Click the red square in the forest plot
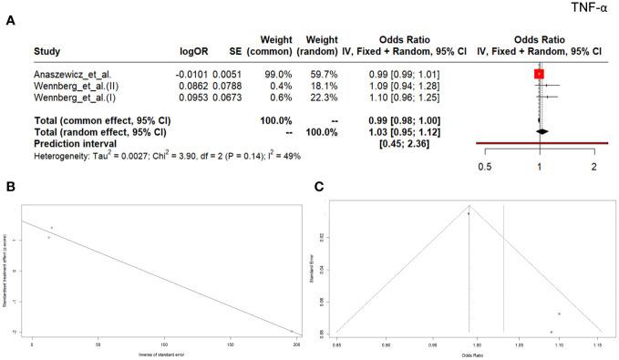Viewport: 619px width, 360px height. click(x=540, y=74)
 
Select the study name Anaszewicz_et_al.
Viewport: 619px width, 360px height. click(x=70, y=74)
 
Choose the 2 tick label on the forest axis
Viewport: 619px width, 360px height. click(x=593, y=167)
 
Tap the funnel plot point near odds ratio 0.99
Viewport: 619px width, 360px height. click(x=469, y=213)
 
